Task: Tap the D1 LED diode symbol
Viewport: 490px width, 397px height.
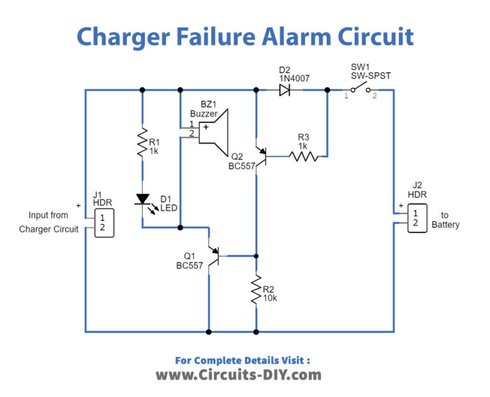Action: (142, 200)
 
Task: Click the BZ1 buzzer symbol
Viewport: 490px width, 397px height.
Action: (213, 131)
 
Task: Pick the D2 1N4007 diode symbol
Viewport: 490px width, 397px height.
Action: (285, 91)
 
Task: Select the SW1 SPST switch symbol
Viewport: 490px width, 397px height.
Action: (361, 89)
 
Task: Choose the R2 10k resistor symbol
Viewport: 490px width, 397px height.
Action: (256, 290)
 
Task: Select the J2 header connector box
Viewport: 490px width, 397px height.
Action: (415, 218)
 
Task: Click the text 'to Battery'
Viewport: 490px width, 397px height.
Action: (445, 220)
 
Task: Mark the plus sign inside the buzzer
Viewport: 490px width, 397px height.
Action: (205, 128)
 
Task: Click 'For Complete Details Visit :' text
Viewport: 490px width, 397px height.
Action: (242, 360)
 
